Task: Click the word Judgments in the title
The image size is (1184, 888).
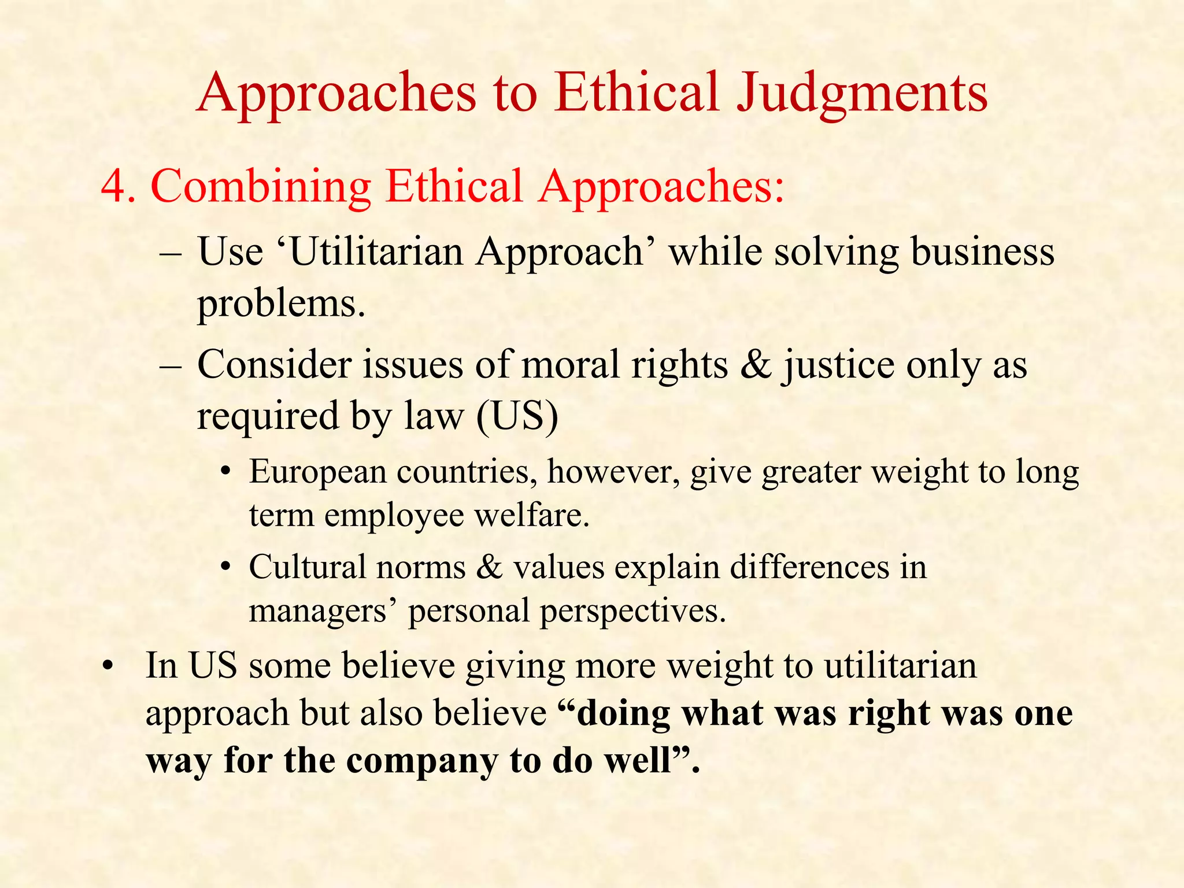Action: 861,94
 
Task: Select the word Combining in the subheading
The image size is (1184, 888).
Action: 261,187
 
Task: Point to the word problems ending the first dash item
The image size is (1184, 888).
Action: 282,304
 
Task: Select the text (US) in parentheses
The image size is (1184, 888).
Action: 517,416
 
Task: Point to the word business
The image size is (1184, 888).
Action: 983,253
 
